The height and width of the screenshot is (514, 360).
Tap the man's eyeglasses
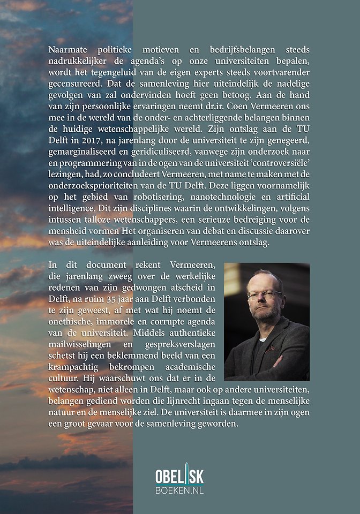click(264, 294)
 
